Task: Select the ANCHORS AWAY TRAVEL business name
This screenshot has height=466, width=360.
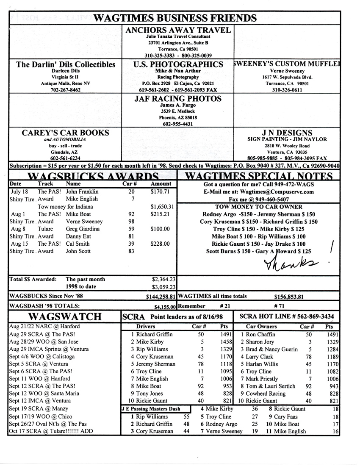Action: tap(178, 31)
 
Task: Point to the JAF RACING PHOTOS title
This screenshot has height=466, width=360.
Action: tap(178, 99)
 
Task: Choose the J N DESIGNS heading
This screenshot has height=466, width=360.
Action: tap(287, 133)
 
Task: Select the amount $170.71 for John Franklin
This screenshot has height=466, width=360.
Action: tap(160, 191)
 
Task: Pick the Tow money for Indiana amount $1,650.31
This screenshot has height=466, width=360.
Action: tap(163, 207)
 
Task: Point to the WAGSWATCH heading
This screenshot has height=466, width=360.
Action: tap(64, 317)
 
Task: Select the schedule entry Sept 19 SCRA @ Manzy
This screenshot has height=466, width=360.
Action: tap(39, 409)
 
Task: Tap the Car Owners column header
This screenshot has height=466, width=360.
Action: tap(262, 327)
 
